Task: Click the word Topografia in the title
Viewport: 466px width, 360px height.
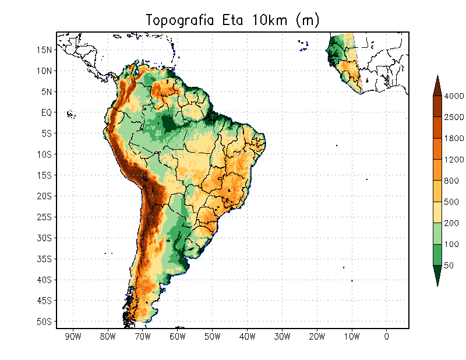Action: click(x=180, y=21)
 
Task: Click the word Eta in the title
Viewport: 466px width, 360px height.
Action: click(x=232, y=20)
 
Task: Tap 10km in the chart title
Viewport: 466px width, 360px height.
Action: click(x=270, y=20)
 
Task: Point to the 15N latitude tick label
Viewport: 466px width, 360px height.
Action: click(x=44, y=50)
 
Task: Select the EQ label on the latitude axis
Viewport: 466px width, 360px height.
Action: click(x=47, y=112)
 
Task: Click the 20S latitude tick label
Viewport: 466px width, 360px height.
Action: click(x=44, y=196)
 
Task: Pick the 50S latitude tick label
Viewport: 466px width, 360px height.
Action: click(x=44, y=322)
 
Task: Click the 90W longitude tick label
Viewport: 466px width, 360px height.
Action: click(x=73, y=337)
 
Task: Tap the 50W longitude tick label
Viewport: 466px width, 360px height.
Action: click(x=213, y=337)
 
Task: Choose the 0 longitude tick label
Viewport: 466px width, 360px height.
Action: click(x=386, y=337)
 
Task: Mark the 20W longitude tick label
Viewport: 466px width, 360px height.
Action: click(x=317, y=337)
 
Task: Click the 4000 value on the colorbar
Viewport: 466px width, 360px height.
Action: click(x=454, y=96)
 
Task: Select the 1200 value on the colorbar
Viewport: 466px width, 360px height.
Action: click(x=454, y=160)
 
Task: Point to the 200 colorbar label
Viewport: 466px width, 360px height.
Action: click(x=451, y=223)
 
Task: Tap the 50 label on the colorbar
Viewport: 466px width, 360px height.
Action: click(x=449, y=266)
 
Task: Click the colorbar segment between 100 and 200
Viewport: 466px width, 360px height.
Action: click(x=437, y=234)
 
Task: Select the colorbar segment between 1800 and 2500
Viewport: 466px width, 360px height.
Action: click(x=437, y=128)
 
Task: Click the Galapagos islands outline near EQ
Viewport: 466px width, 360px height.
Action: click(x=71, y=114)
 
